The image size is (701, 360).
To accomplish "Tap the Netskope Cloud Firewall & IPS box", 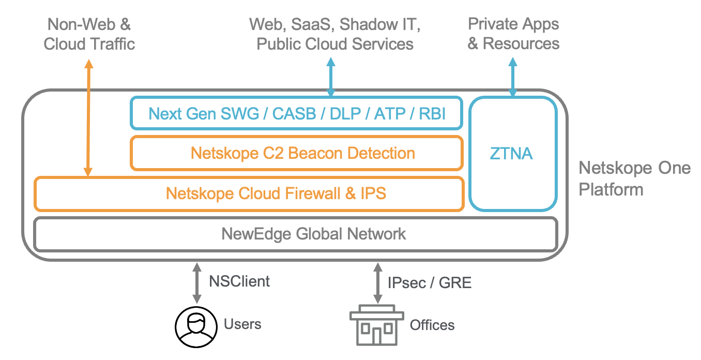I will click(x=249, y=193).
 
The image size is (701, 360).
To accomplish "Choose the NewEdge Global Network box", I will click(x=295, y=234).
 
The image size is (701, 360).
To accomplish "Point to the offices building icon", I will click(x=377, y=325).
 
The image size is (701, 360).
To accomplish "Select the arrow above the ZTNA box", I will click(x=513, y=77).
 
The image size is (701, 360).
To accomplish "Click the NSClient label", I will click(x=239, y=281).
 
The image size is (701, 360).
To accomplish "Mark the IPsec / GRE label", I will click(x=429, y=282).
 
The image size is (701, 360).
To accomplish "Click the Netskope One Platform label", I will click(x=634, y=178).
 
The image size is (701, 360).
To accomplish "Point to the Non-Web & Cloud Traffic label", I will click(x=89, y=34).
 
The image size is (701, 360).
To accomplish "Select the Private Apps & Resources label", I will click(x=513, y=34).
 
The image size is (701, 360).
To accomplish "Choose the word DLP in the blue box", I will click(x=344, y=113).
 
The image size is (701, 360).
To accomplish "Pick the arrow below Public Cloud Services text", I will click(x=331, y=77).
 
